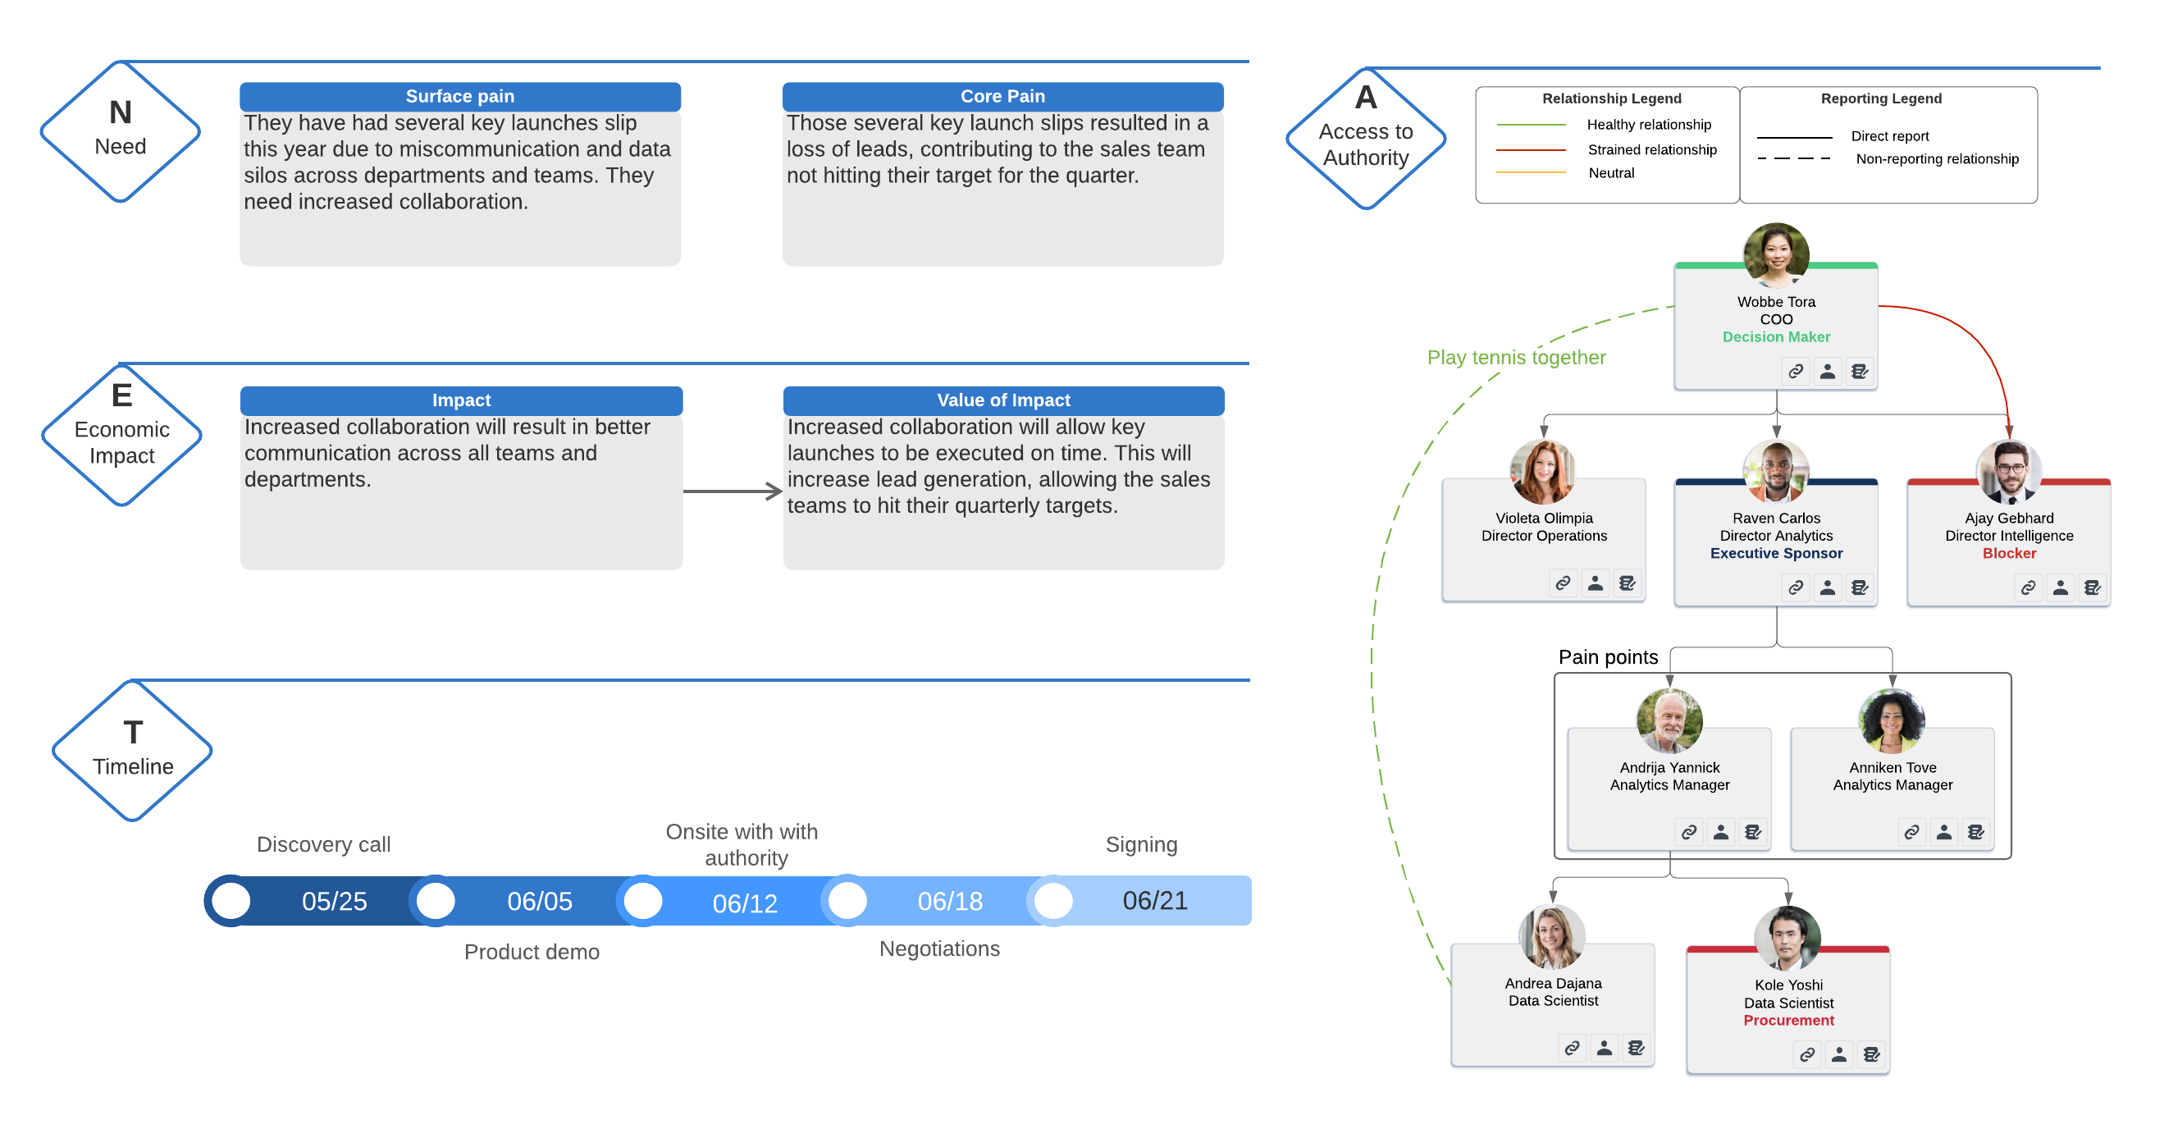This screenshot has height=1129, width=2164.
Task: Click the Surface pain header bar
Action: point(459,97)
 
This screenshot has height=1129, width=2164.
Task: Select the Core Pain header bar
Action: point(1002,97)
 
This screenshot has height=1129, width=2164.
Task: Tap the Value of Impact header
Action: point(1003,400)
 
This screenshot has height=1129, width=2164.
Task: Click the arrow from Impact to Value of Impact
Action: point(732,491)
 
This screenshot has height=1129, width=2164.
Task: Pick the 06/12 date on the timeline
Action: point(744,903)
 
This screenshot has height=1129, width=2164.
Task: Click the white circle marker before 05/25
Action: point(231,902)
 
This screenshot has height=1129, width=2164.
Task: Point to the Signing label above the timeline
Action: point(1141,844)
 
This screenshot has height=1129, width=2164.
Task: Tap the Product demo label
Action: point(532,952)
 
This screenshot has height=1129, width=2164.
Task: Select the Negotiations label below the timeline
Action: point(939,948)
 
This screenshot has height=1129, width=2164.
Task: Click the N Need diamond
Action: point(121,131)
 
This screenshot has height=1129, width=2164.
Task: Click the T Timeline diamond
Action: point(133,750)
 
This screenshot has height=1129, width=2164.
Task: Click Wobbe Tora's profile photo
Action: point(1776,254)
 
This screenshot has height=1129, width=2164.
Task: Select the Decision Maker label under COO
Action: point(1776,337)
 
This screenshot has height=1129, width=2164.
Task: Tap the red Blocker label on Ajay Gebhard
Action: point(2009,554)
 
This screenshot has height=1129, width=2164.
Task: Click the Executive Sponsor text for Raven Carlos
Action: point(1776,554)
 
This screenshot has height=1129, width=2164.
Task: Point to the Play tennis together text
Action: point(1516,358)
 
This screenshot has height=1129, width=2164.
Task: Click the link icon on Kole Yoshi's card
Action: point(1806,1054)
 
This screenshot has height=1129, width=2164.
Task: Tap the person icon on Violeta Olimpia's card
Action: point(1595,583)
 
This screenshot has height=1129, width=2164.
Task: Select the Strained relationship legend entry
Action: point(1651,149)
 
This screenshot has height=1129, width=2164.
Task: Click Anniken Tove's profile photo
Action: point(1891,720)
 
